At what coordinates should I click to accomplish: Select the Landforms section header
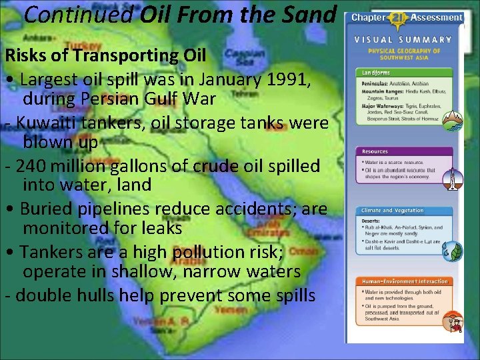pyautogui.click(x=377, y=71)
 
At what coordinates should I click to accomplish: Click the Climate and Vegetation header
pyautogui.click(x=393, y=211)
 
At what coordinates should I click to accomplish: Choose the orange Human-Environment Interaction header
pyautogui.click(x=405, y=281)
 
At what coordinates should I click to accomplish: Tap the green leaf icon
pyautogui.click(x=454, y=251)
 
